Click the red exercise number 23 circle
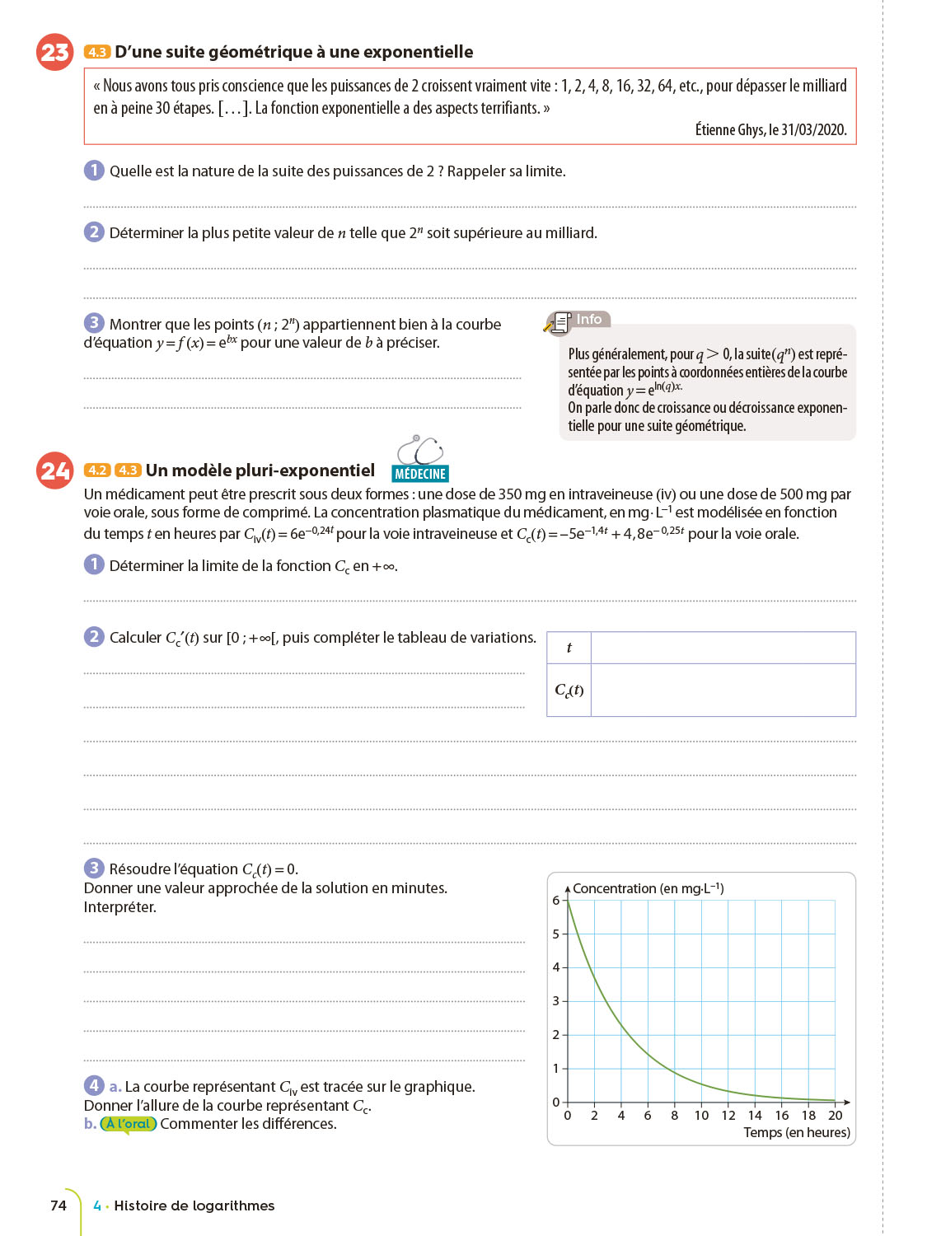coord(55,52)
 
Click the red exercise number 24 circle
coord(55,471)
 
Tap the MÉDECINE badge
coord(420,474)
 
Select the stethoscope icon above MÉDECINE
coord(420,450)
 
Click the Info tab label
coord(588,320)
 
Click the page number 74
coord(59,1206)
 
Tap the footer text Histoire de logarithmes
coord(194,1206)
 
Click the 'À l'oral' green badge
coord(129,1124)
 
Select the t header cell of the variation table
coord(569,648)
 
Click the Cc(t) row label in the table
coord(569,690)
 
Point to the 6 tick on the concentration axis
coord(556,901)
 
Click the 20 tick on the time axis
coord(836,1116)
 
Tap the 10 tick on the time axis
coord(701,1116)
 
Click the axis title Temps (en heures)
coord(797,1133)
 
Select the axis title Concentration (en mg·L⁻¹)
coord(648,888)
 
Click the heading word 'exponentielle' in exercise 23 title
coord(420,52)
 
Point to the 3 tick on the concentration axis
coord(556,1001)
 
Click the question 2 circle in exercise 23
coord(94,232)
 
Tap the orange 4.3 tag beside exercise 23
coord(97,52)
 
